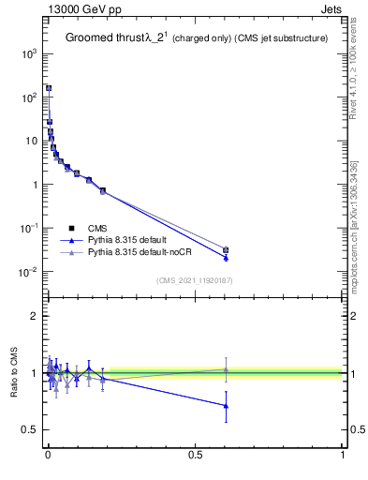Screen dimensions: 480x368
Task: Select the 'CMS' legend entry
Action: tap(97, 228)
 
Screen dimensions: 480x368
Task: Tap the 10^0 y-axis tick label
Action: tap(28, 185)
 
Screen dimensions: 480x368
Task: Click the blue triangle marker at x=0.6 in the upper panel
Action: tap(226, 258)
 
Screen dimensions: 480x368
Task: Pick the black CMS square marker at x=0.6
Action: tap(226, 249)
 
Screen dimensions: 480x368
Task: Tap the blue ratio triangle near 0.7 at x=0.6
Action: tap(226, 406)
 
